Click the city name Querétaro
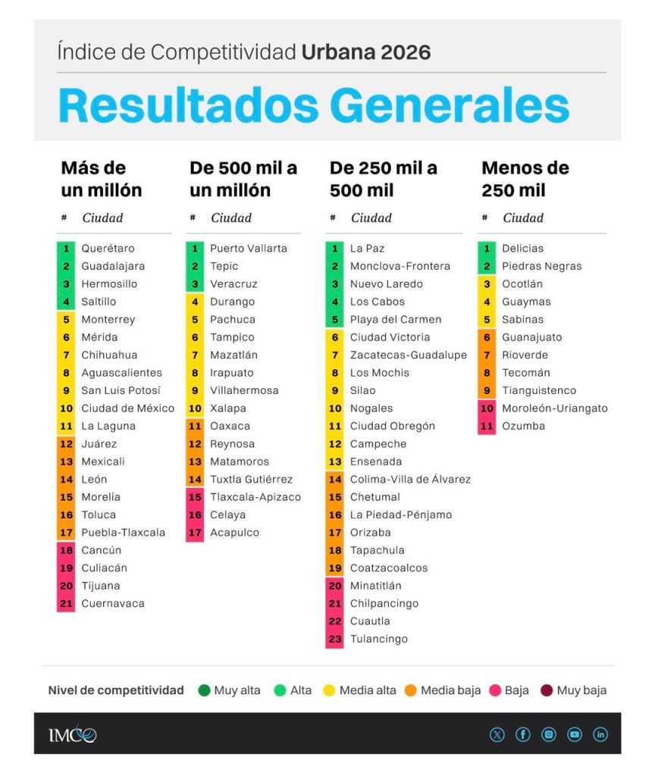pyautogui.click(x=108, y=249)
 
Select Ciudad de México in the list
pyautogui.click(x=127, y=408)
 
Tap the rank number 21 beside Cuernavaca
pyautogui.click(x=67, y=603)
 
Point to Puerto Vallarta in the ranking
pyautogui.click(x=249, y=249)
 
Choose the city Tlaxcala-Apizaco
pyautogui.click(x=255, y=497)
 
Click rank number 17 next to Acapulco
pyautogui.click(x=195, y=533)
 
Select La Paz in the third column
pyautogui.click(x=368, y=249)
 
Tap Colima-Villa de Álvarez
pyautogui.click(x=410, y=479)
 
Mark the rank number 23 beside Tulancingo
pyautogui.click(x=335, y=639)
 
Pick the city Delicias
pyautogui.click(x=523, y=249)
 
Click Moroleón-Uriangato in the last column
pyautogui.click(x=555, y=408)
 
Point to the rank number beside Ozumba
pyautogui.click(x=487, y=426)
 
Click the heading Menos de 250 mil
pyautogui.click(x=525, y=179)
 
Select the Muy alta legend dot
pyautogui.click(x=204, y=690)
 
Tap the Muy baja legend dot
pyautogui.click(x=547, y=690)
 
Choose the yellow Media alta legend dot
pyautogui.click(x=329, y=690)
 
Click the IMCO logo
pyautogui.click(x=72, y=735)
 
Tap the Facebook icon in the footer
pyautogui.click(x=523, y=734)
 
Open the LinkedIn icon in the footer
pyautogui.click(x=600, y=734)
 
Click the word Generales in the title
pyautogui.click(x=450, y=105)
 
